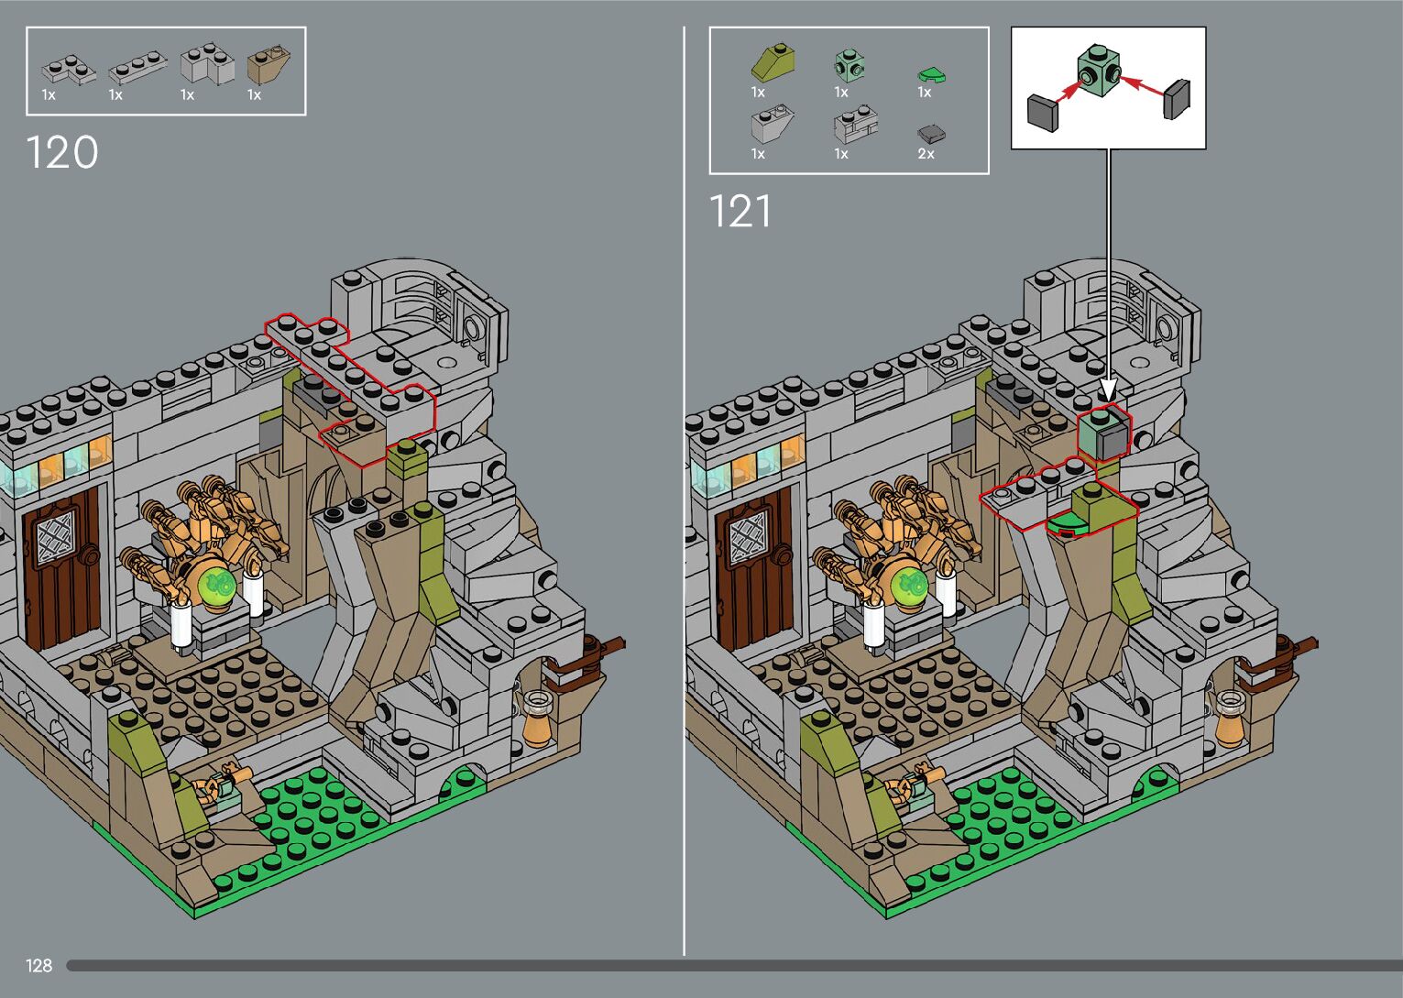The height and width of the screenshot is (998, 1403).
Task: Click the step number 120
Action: coord(62,152)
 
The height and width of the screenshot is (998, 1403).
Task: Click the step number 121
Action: coord(740,211)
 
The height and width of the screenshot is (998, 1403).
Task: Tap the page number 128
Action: coord(38,965)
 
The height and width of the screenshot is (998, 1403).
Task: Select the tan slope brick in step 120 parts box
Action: coord(269,64)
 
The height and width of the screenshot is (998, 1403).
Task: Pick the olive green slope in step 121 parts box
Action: coord(773,61)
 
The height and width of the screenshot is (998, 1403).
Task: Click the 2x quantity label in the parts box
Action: coord(926,154)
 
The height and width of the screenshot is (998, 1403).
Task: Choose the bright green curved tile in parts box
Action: coord(931,76)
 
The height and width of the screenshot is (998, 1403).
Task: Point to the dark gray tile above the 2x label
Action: coord(931,134)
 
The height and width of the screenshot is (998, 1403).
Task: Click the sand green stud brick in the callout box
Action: coord(1098,70)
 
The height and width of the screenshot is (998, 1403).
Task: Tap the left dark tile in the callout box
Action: coord(1043,113)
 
